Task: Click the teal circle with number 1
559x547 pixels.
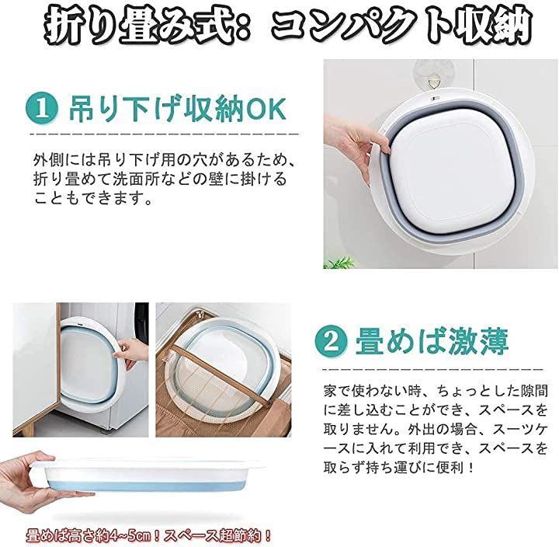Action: point(42,109)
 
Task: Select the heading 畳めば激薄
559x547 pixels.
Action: point(432,342)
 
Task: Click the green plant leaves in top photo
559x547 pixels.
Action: point(339,263)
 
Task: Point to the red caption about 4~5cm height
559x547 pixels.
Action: point(148,536)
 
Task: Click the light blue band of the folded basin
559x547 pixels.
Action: point(147,486)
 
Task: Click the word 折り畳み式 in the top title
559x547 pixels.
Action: point(139,26)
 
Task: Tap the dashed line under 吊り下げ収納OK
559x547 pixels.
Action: point(165,134)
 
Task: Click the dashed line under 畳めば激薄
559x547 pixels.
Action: point(432,370)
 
